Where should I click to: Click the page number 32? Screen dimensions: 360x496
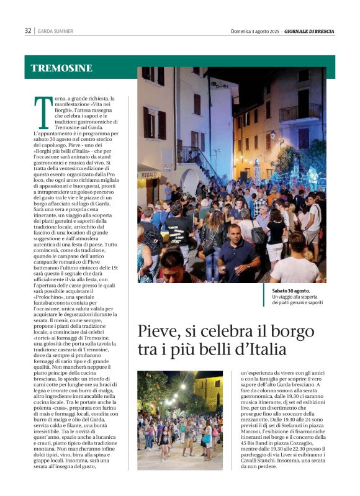[28, 30]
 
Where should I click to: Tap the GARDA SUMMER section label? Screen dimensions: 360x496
[55, 31]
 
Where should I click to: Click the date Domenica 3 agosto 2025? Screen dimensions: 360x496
[255, 31]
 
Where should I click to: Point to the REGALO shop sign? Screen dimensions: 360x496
[148, 176]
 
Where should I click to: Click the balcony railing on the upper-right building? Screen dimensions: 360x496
[300, 112]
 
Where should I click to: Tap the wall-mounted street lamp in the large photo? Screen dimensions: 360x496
[271, 134]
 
